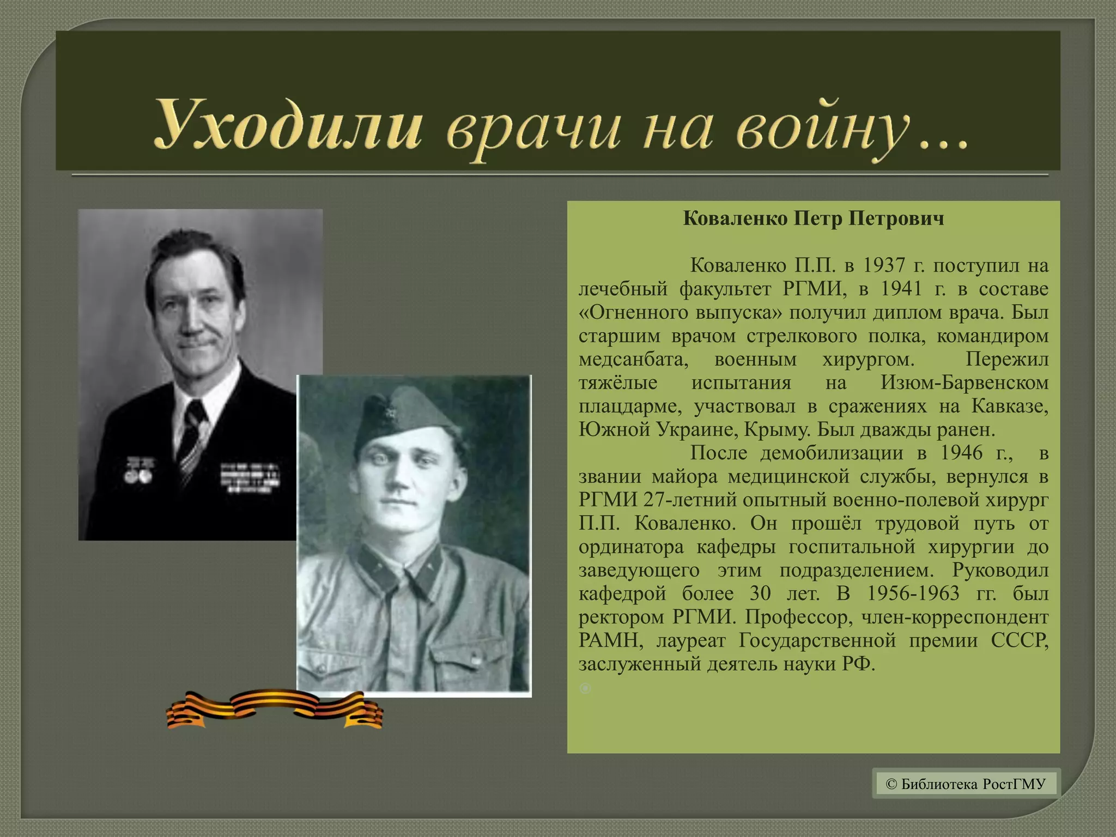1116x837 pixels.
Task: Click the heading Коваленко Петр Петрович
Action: [813, 219]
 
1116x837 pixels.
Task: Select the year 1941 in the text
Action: [901, 289]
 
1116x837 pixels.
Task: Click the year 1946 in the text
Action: [961, 453]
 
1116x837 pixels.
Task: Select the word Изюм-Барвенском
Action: [965, 383]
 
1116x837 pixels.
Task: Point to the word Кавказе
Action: [1010, 406]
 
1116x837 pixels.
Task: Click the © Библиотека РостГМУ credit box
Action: [966, 784]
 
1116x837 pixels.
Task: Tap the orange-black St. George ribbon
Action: [275, 709]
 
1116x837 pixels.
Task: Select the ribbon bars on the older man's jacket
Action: [249, 477]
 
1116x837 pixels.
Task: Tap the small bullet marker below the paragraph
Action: [585, 688]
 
